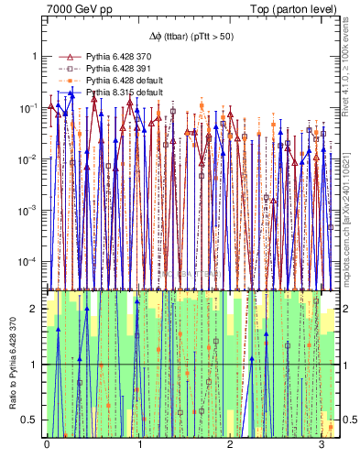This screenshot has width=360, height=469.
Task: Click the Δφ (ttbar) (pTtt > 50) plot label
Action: tap(190, 37)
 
